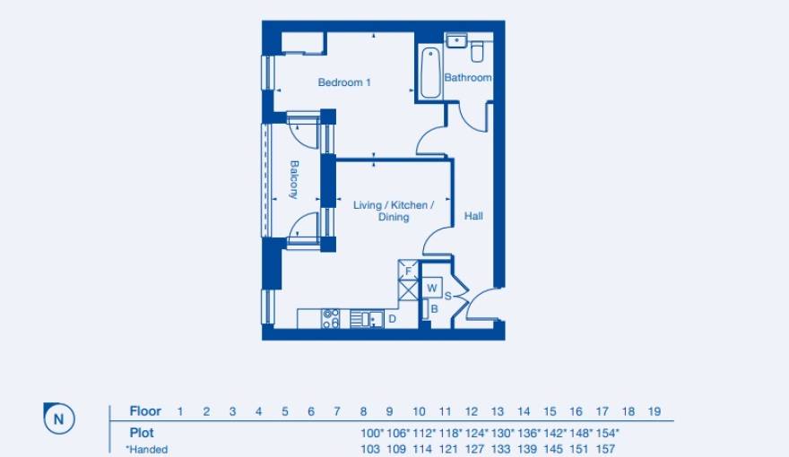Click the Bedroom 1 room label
(344, 82)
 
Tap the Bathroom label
(468, 78)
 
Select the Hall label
(473, 216)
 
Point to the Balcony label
(293, 179)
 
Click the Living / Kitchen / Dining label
(394, 211)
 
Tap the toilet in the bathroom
(478, 48)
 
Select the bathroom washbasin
(456, 40)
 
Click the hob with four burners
(331, 318)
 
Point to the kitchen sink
(367, 318)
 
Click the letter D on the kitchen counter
(392, 318)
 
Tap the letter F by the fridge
(408, 271)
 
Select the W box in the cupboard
(431, 289)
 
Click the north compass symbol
(59, 418)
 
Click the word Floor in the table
(145, 412)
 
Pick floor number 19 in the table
(655, 412)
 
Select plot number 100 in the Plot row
(369, 433)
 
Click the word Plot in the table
(142, 433)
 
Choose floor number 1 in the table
(180, 412)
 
